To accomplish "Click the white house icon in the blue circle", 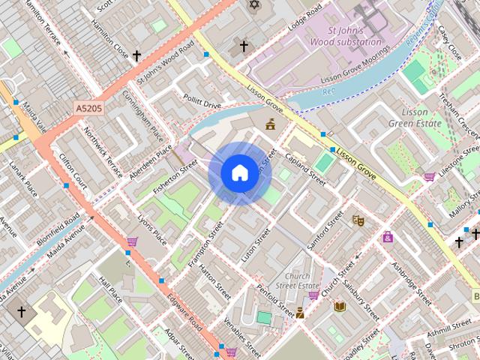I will (x=239, y=173).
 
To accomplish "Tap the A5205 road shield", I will (x=89, y=109).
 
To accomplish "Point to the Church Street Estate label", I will (x=292, y=280).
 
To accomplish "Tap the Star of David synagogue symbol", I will (x=253, y=5).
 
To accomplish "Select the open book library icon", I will (x=340, y=307).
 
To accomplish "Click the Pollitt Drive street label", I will (x=202, y=103).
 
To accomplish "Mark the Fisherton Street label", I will (x=174, y=176).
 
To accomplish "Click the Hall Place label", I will (x=111, y=288).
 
